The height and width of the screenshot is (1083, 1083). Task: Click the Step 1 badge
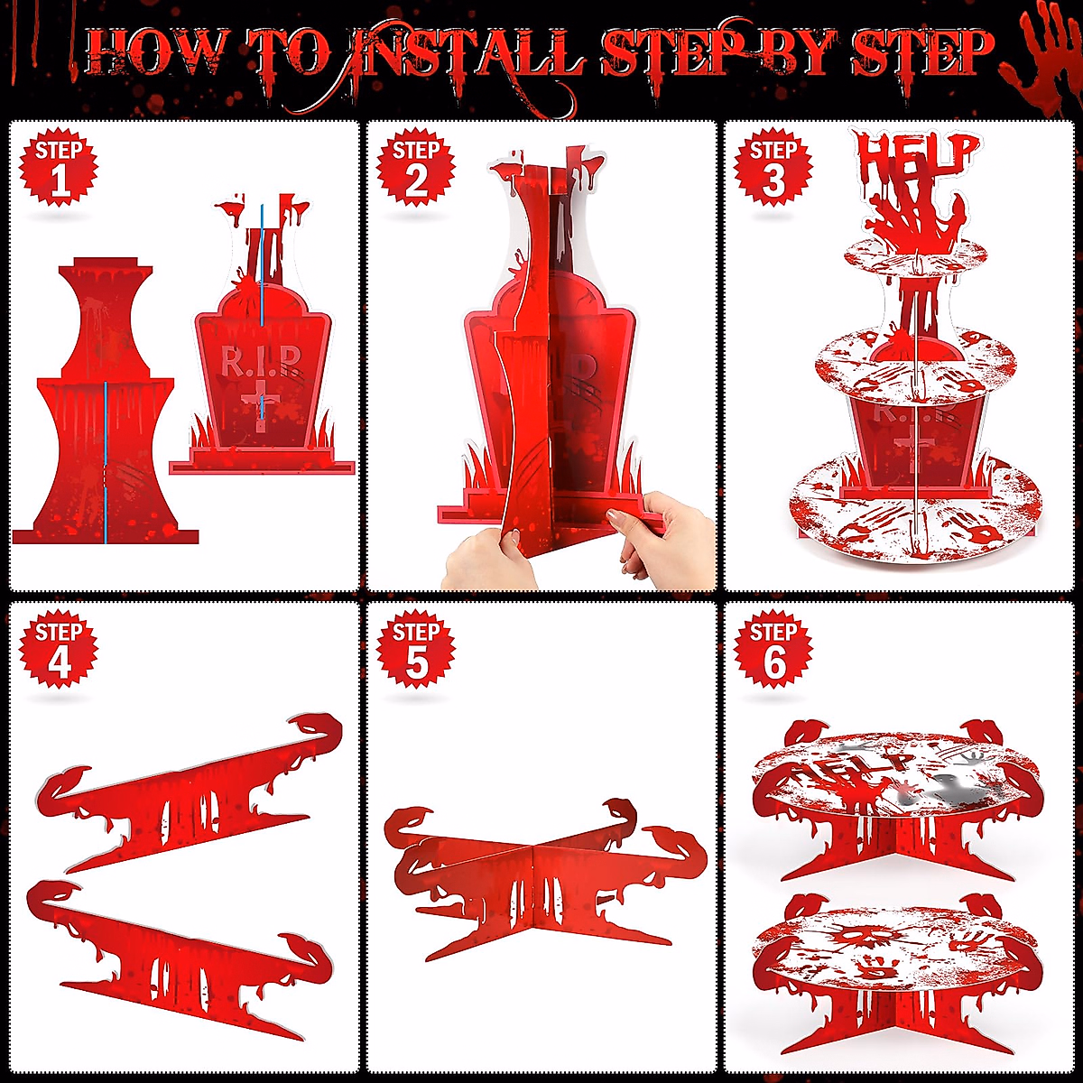59,168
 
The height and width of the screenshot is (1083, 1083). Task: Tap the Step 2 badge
415,168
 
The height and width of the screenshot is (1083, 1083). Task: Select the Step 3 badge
773,168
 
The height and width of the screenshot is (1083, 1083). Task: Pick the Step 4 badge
59,649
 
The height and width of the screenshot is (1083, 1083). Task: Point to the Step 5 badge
415,649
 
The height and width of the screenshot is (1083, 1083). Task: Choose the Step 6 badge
773,649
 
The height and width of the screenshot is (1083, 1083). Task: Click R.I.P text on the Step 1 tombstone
260,361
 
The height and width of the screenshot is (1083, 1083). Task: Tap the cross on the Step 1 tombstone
261,403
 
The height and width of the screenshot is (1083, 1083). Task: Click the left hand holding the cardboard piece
488,557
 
